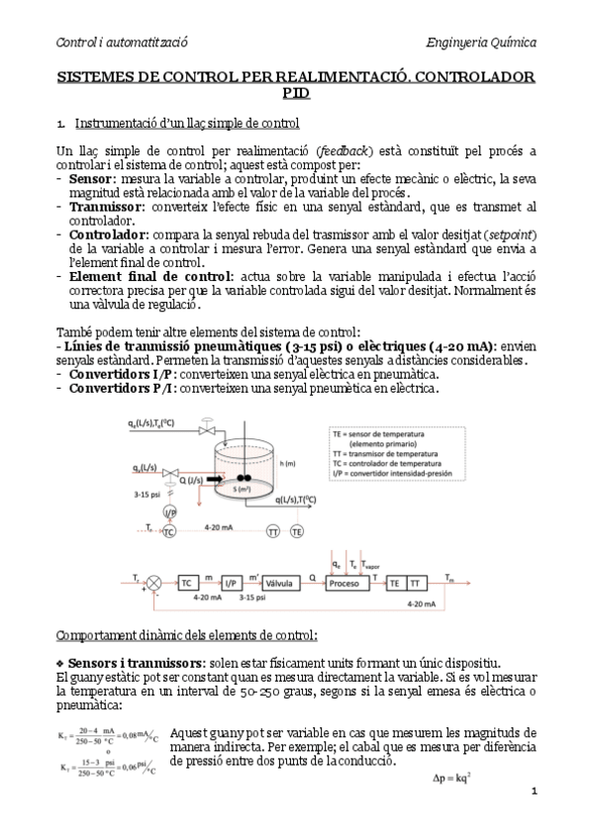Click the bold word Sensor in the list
point(90,178)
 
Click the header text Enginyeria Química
point(480,44)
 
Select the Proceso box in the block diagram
point(344,584)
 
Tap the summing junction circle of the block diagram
point(151,584)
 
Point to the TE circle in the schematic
point(296,532)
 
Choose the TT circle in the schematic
point(273,532)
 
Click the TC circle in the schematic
point(169,532)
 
